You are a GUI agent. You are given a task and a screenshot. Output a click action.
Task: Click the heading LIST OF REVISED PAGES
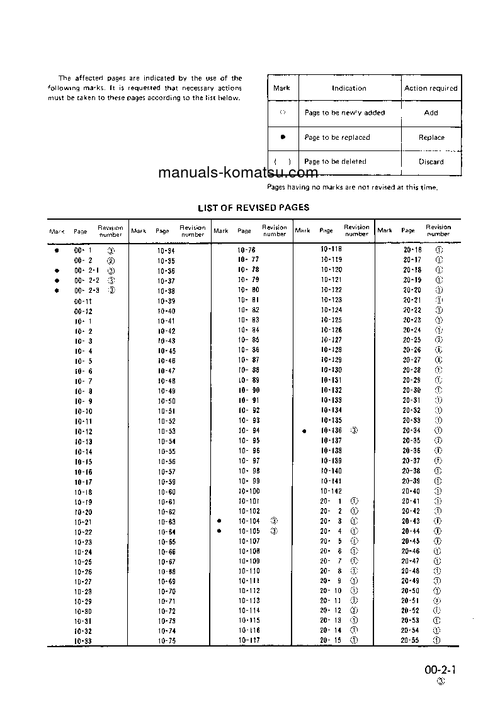(x=253, y=207)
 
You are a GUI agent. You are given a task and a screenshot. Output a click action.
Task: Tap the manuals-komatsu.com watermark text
(x=238, y=173)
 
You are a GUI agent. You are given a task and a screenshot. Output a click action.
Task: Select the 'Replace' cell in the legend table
(x=431, y=137)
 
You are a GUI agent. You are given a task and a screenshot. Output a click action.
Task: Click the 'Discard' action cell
(x=431, y=162)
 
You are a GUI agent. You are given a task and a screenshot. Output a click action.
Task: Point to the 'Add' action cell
(x=431, y=113)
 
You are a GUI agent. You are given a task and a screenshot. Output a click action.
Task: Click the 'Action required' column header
(x=431, y=88)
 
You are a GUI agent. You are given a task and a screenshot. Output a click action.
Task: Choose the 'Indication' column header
(x=349, y=88)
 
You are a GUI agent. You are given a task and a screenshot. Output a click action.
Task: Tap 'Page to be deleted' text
(x=335, y=162)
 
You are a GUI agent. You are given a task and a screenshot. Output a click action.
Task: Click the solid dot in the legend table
(x=283, y=137)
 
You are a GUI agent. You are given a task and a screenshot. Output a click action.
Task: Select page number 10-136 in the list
(x=331, y=431)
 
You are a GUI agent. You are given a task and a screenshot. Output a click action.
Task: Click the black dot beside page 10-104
(x=219, y=521)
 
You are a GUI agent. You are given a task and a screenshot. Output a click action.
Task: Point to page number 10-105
(x=249, y=531)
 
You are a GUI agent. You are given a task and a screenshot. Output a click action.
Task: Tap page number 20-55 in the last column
(x=411, y=640)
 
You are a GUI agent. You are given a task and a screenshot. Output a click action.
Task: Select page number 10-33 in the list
(x=83, y=641)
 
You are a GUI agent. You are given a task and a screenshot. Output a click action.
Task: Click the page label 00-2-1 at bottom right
(x=440, y=670)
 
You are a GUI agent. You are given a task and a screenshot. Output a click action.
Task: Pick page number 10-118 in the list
(x=331, y=250)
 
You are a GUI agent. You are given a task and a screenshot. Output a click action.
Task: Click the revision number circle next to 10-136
(x=354, y=431)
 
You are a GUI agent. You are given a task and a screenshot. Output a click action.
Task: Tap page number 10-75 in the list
(x=166, y=641)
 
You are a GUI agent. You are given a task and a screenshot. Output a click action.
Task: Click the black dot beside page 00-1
(x=57, y=250)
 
